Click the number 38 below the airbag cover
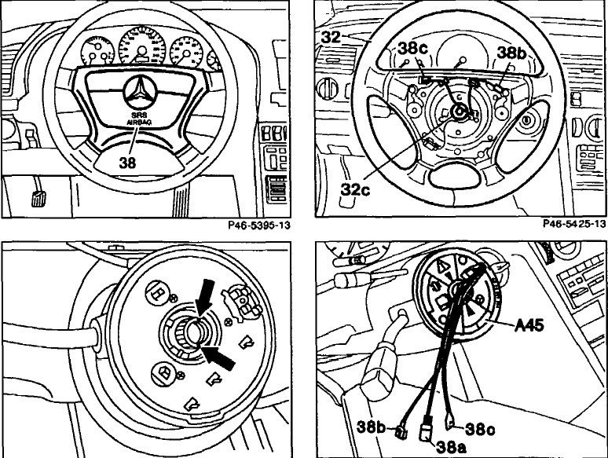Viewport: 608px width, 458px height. click(x=127, y=163)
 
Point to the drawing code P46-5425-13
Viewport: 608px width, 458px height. click(x=574, y=223)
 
